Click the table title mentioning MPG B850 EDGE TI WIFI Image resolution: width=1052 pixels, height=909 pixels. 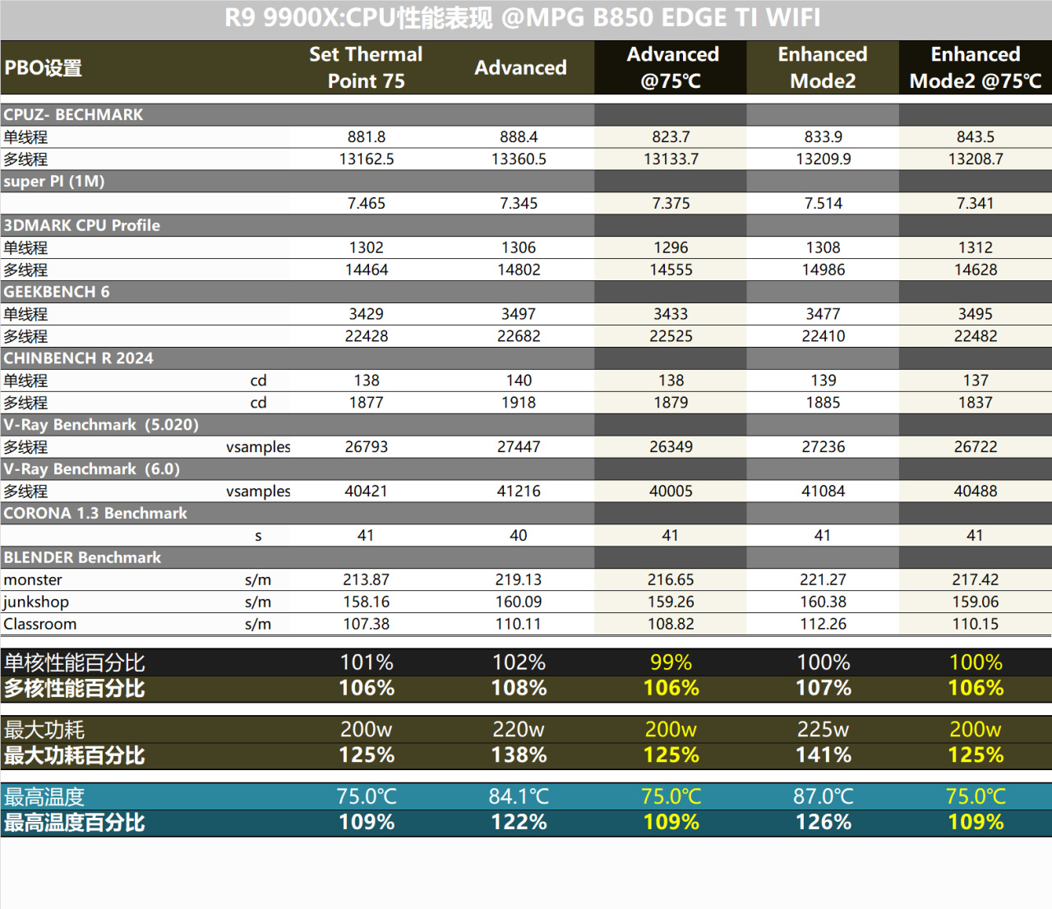(x=523, y=18)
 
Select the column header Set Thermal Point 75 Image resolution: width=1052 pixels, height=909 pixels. (x=366, y=67)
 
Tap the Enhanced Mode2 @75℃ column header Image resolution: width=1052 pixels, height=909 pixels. (x=975, y=67)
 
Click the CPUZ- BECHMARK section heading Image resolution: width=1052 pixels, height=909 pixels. (x=73, y=114)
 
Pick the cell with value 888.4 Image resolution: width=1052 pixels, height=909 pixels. (x=519, y=136)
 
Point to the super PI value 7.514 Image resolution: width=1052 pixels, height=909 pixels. (x=823, y=203)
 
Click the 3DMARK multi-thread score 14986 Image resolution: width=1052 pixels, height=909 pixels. (x=823, y=270)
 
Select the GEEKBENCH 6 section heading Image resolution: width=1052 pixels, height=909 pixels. (x=56, y=292)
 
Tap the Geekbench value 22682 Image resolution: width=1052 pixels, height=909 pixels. (x=519, y=336)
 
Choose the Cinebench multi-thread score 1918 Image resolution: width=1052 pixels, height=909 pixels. (x=519, y=403)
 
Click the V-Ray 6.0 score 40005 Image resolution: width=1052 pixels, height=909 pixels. (x=671, y=491)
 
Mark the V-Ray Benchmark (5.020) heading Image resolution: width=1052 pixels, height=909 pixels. (x=101, y=425)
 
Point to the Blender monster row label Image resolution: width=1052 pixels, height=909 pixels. (x=33, y=579)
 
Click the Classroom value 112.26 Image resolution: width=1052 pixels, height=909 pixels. (x=823, y=624)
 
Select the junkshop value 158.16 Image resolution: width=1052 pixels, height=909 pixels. (x=366, y=602)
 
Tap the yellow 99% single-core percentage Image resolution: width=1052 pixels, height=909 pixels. (x=671, y=662)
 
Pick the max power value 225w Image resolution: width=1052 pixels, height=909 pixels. (x=823, y=729)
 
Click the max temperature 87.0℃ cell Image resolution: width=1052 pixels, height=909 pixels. (x=823, y=796)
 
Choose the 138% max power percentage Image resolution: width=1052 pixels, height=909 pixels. (x=519, y=755)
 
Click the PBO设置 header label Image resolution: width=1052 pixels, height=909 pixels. (x=43, y=67)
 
